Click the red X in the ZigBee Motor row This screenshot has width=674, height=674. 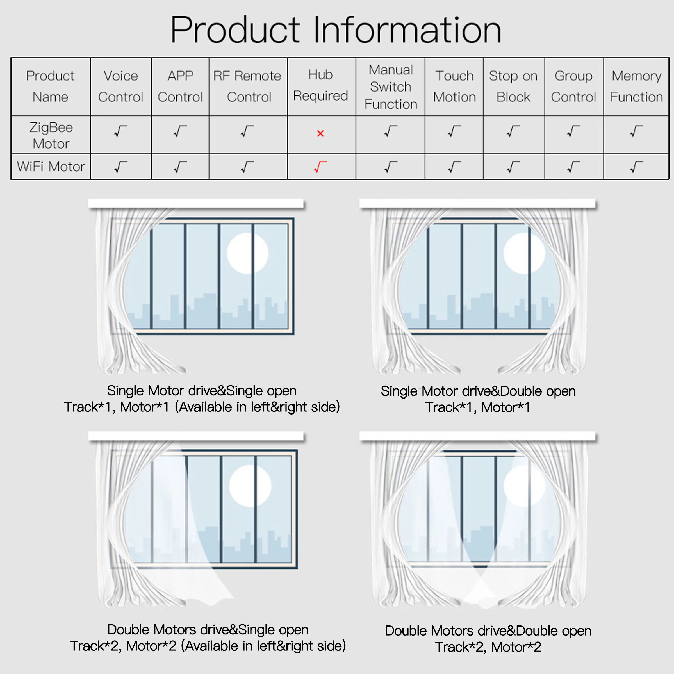coord(320,133)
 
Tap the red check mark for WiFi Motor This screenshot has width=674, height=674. coord(320,167)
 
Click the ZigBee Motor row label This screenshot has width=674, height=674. coord(51,135)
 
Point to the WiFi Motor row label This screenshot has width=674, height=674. coord(51,167)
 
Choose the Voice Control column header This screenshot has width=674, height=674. coord(121,86)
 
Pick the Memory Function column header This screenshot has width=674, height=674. coord(636,86)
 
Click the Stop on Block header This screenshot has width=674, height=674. coord(513,86)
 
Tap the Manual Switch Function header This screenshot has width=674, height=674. coord(390,87)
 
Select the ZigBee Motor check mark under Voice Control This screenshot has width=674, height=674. coord(120,131)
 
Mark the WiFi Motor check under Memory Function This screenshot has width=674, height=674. coord(636,167)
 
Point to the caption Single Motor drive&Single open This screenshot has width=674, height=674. coord(202,391)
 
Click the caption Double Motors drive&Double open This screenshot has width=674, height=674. coord(488,631)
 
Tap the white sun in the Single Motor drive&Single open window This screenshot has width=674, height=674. coord(248,253)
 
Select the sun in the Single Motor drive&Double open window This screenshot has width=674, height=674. coord(524,253)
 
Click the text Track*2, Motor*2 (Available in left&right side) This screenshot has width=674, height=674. coord(208,646)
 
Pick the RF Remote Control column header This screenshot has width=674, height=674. coord(247,86)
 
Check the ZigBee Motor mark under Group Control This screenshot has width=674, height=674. coord(573,131)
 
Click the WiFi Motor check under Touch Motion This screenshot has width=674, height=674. coord(454,167)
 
